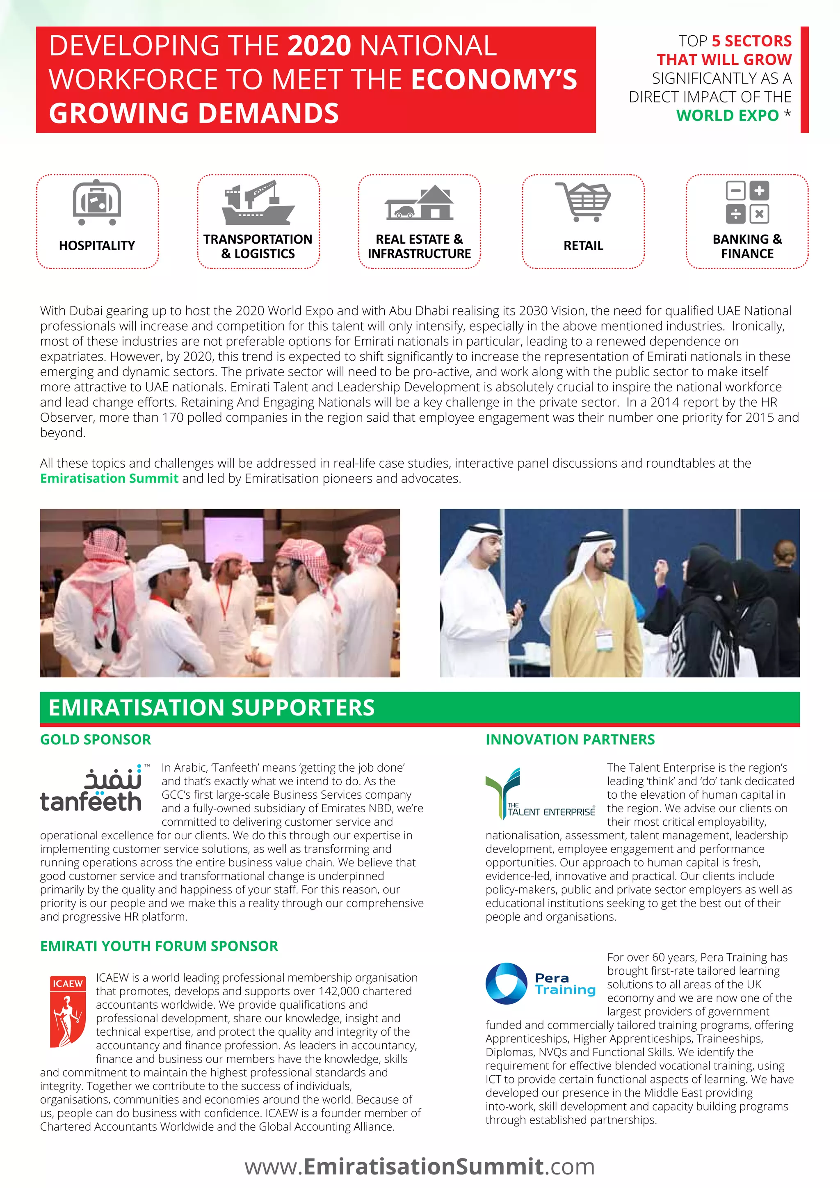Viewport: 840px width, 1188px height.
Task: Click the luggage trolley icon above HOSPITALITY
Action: pyautogui.click(x=97, y=202)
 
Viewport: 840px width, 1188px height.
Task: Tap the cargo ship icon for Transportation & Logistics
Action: pyautogui.click(x=258, y=202)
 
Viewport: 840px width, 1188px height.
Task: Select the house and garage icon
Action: pyautogui.click(x=419, y=202)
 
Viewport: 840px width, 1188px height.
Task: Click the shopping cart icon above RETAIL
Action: pyautogui.click(x=583, y=201)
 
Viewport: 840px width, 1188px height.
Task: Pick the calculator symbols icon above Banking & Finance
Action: pyautogui.click(x=747, y=202)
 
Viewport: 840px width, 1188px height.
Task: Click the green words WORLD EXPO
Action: pyautogui.click(x=727, y=115)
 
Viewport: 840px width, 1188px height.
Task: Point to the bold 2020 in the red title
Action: pyautogui.click(x=319, y=46)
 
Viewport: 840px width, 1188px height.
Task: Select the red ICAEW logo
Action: pyautogui.click(x=68, y=1011)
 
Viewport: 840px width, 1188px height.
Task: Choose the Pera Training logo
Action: pyautogui.click(x=540, y=984)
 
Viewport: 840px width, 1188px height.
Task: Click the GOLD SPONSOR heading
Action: pyautogui.click(x=96, y=739)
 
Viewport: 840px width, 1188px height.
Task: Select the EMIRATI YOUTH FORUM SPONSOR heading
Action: pyautogui.click(x=159, y=946)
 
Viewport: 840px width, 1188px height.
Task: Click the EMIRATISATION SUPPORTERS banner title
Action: pyautogui.click(x=211, y=707)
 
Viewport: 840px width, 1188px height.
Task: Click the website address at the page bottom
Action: pyautogui.click(x=420, y=1166)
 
